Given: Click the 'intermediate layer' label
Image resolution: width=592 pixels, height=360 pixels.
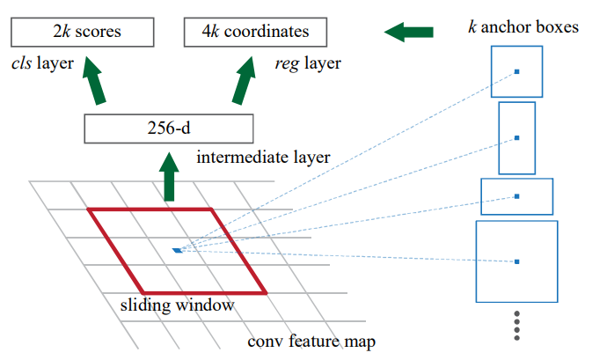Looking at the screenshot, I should (263, 158).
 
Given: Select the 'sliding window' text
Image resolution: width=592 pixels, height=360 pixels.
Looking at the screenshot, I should (177, 306).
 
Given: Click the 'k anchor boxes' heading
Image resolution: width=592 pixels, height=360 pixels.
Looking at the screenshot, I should (523, 27).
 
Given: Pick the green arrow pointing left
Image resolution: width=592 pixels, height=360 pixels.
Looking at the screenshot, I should (409, 33).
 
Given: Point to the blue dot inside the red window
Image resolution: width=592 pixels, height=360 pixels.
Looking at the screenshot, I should (177, 251).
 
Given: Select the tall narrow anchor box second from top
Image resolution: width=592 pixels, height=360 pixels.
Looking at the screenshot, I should (516, 137).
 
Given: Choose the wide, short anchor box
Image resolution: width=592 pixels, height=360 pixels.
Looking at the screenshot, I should (516, 196).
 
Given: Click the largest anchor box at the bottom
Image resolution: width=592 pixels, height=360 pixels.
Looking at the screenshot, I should (516, 261).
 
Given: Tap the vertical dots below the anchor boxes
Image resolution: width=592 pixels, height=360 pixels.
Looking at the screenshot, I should (517, 326).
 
